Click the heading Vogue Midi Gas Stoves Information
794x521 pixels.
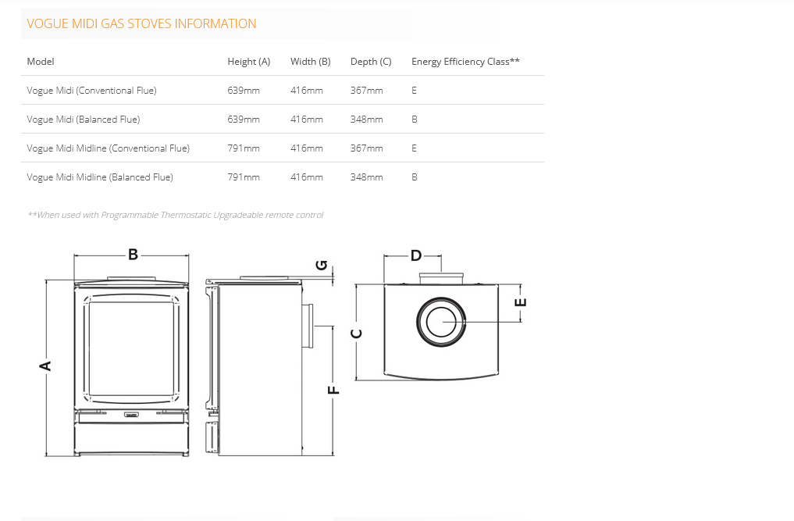pyautogui.click(x=141, y=24)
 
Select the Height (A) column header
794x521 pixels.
pyautogui.click(x=248, y=62)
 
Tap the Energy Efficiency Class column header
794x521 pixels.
pyautogui.click(x=465, y=62)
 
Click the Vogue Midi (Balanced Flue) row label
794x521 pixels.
pyautogui.click(x=84, y=120)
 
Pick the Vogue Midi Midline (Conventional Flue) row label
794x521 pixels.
pyautogui.click(x=108, y=148)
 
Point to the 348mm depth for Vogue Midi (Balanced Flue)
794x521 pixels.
pyautogui.click(x=366, y=120)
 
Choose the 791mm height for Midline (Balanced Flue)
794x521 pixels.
pyautogui.click(x=244, y=177)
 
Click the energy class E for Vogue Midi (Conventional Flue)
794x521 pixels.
pyautogui.click(x=415, y=91)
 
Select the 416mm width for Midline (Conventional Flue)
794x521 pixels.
pyautogui.click(x=306, y=148)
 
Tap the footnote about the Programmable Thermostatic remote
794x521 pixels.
pyautogui.click(x=175, y=215)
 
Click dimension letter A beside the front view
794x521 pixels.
pyautogui.click(x=46, y=366)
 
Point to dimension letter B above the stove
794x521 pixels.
pyautogui.click(x=133, y=255)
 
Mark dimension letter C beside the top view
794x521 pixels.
pyautogui.click(x=357, y=334)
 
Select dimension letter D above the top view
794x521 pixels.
pyautogui.click(x=415, y=255)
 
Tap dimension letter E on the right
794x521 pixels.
pyautogui.click(x=522, y=302)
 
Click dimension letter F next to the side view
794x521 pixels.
pyautogui.click(x=333, y=389)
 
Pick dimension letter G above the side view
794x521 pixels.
pyautogui.click(x=321, y=265)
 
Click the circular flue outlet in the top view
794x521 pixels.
pyautogui.click(x=442, y=322)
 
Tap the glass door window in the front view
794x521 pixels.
pyautogui.click(x=131, y=348)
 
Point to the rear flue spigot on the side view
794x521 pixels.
pyautogui.click(x=307, y=325)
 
